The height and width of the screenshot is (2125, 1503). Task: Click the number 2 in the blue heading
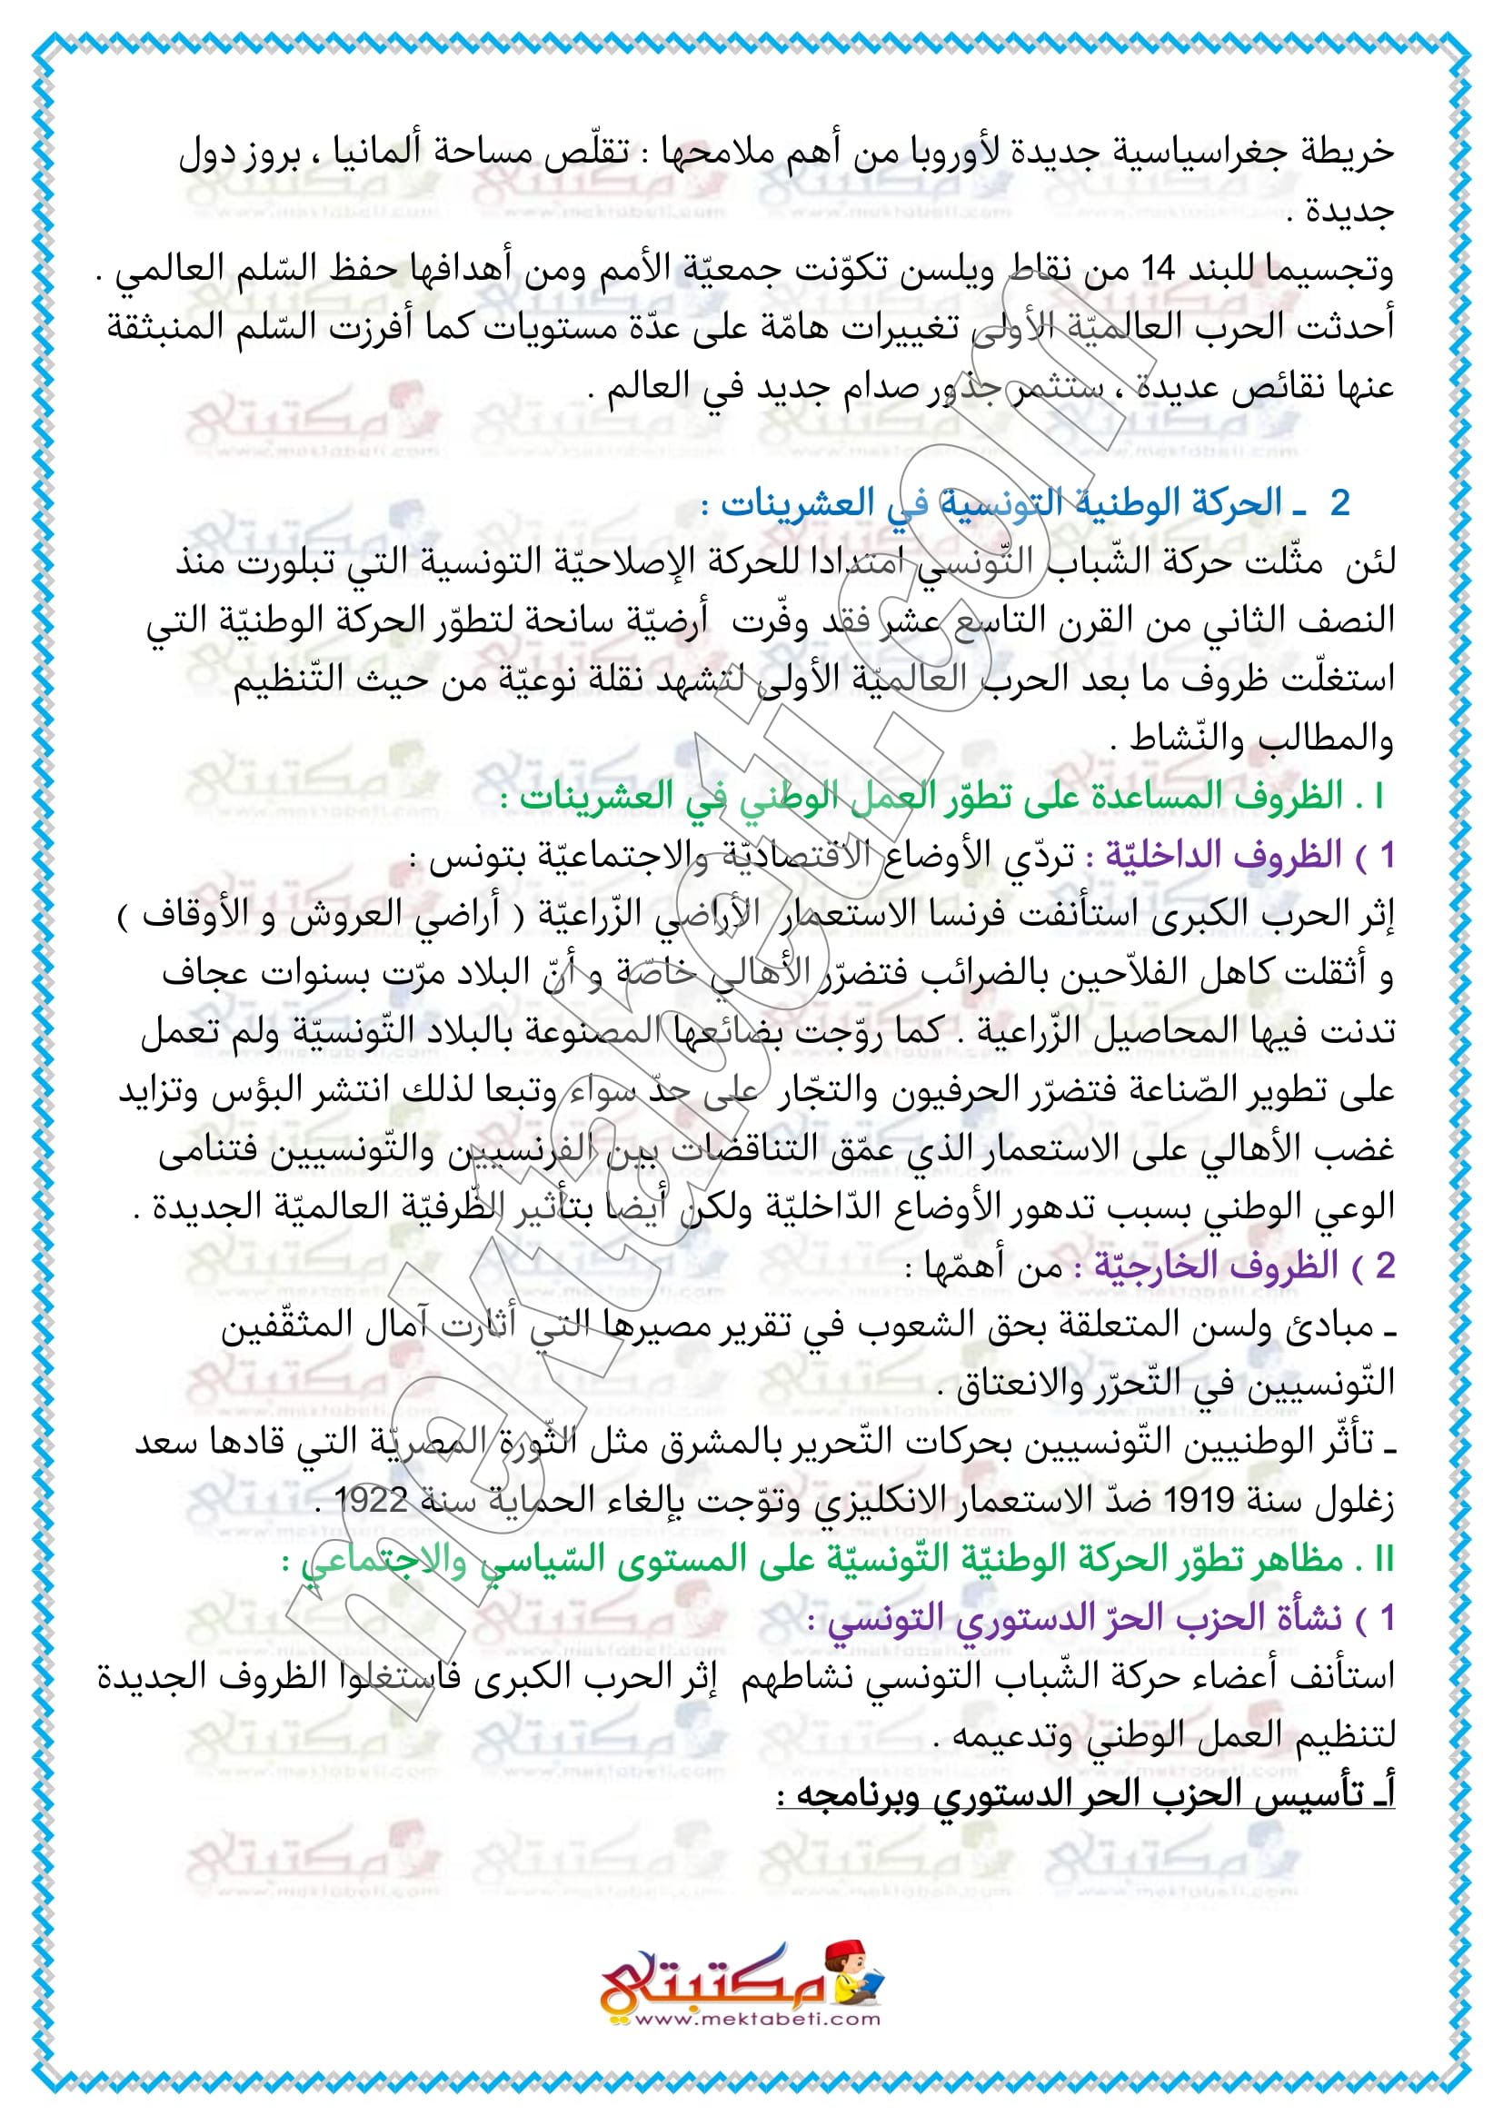pos(1339,503)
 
